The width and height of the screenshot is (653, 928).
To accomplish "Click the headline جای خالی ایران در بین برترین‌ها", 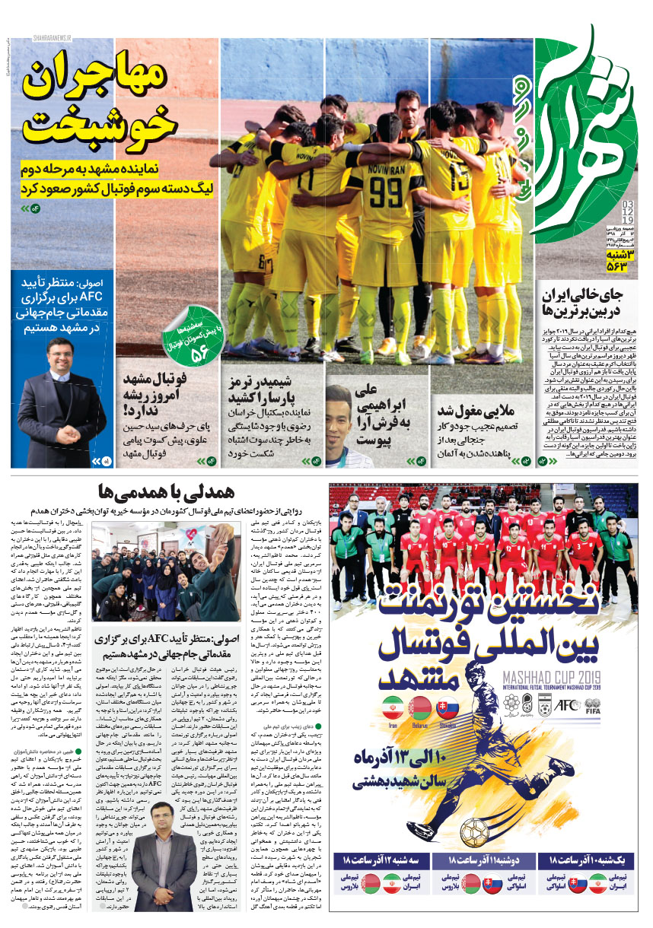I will click(x=583, y=302).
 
